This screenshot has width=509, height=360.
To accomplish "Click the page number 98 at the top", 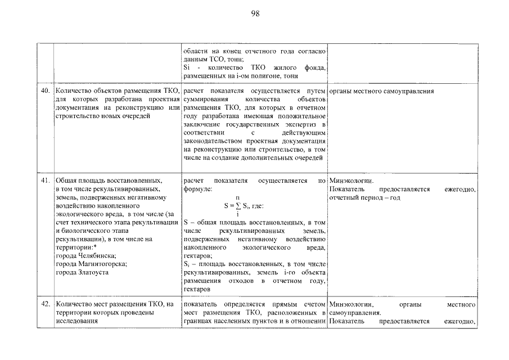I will click(x=254, y=13).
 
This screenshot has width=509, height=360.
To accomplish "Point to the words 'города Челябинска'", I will click(x=84, y=256).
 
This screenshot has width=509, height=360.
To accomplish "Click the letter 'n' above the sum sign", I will click(x=238, y=198).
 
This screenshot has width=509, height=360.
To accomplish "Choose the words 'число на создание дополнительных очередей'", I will click(x=253, y=158).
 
